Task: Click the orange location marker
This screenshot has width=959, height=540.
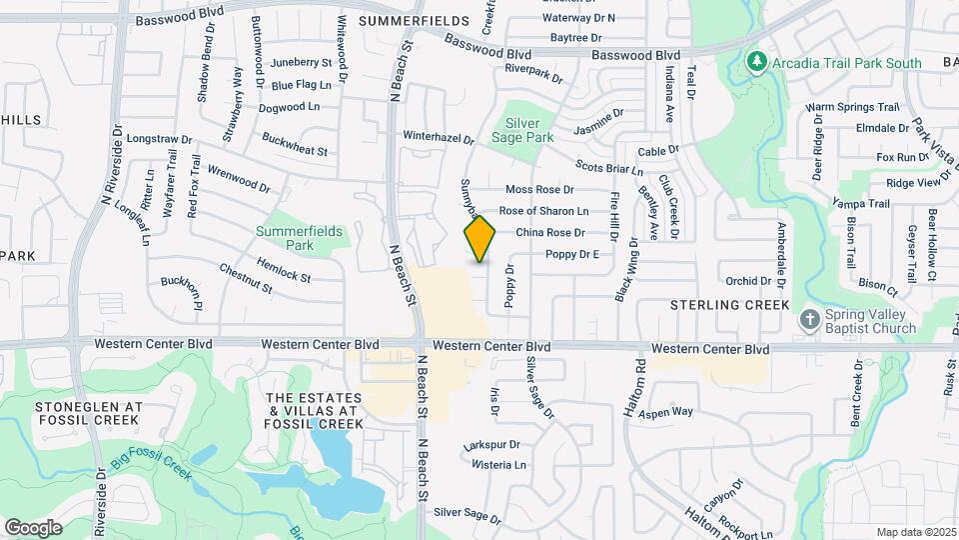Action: coord(480,239)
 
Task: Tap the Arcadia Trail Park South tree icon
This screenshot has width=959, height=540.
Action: coord(758,63)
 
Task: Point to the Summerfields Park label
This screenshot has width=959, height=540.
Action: coord(300,237)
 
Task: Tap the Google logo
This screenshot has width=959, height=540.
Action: coord(33,527)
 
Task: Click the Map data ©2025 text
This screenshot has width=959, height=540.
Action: coord(916,532)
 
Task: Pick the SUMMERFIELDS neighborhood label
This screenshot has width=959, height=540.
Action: coord(413,20)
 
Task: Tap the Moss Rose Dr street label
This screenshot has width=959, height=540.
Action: coord(539,189)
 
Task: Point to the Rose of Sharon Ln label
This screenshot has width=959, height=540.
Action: coord(543,211)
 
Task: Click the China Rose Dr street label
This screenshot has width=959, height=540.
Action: coord(549,233)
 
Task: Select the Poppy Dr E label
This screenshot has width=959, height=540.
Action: coord(571,255)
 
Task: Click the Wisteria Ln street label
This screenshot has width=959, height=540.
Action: coord(499,465)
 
